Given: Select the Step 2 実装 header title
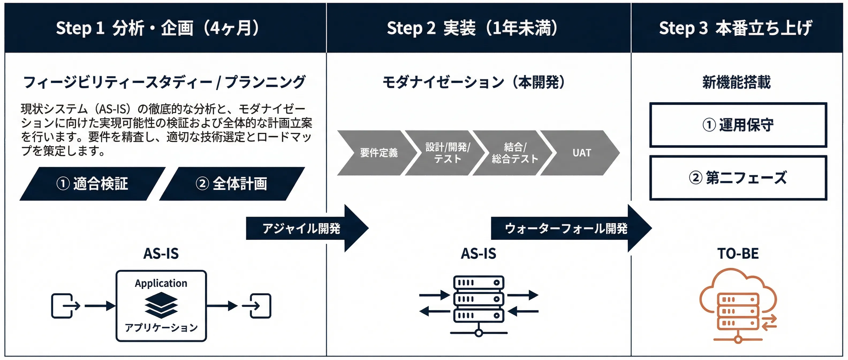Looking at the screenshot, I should point(472,28).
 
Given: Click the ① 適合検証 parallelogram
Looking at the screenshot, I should point(92,184).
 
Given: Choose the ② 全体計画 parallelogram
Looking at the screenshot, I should point(232,184).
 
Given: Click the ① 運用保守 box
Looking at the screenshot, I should point(738,125).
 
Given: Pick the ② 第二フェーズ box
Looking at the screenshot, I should point(738,178).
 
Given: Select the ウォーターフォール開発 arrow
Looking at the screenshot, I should point(566,228).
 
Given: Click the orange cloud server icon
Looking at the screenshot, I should point(738,306).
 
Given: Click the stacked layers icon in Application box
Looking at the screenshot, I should point(161,305).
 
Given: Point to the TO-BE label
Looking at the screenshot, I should point(738,254).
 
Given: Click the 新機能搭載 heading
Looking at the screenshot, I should point(736,82).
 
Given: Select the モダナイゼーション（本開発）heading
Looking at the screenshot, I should point(473,82).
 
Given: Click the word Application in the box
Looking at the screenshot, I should point(161,283).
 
